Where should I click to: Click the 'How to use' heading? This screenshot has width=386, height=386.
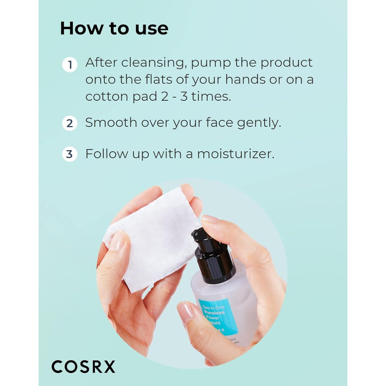point(114,28)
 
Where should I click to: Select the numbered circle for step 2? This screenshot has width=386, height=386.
point(70,123)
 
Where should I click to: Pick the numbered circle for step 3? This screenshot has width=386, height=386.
point(70,154)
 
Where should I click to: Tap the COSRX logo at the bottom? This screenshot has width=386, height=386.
point(83,366)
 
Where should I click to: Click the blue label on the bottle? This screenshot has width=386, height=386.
point(218,316)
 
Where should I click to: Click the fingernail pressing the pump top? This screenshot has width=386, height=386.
point(210,220)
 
